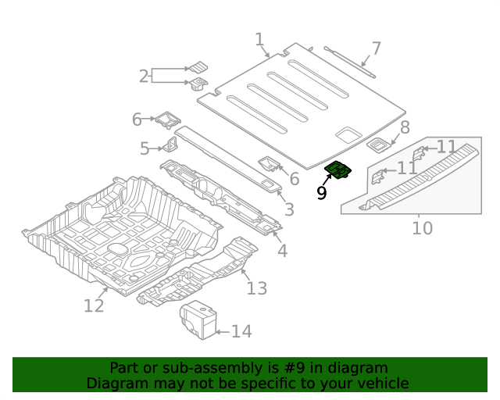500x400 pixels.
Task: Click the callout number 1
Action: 259,39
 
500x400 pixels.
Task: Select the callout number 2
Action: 144,76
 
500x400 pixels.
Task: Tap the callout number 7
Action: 376,48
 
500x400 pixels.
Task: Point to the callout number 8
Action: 404,127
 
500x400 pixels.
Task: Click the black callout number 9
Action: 322,192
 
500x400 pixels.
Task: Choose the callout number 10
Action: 422,228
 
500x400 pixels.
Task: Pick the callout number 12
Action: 94,305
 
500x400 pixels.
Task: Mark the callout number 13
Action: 256,288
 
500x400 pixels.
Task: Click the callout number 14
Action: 241,332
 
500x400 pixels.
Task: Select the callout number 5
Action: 145,148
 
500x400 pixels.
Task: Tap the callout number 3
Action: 289,209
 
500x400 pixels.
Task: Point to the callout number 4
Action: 282,251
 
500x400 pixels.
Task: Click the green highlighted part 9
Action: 339,170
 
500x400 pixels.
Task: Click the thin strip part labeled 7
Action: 349,61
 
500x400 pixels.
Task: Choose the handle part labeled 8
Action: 380,144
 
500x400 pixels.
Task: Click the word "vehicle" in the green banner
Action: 380,384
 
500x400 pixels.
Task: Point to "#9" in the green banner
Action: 297,368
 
